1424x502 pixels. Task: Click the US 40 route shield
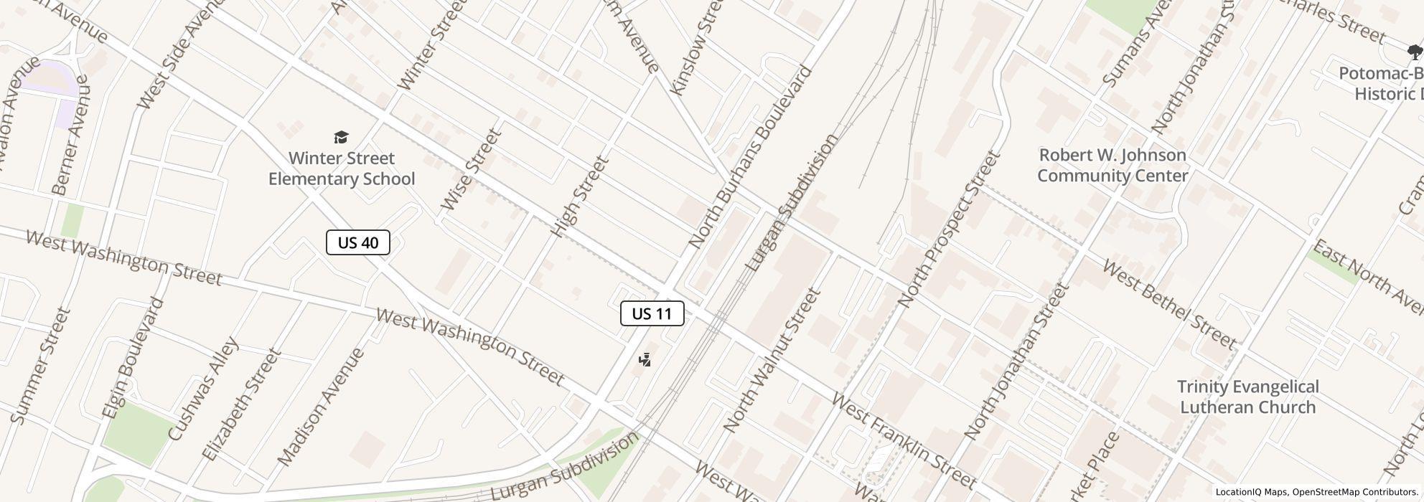point(357,242)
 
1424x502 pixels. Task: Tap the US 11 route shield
point(652,313)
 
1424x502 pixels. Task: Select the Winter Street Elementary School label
point(342,169)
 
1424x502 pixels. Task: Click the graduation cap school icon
point(342,137)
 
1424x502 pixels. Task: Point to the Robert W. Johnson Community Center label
point(1112,166)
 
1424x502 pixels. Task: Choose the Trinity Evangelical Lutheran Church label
point(1247,397)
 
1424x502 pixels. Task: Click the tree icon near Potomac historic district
point(1415,52)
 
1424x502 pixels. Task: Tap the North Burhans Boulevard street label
point(750,157)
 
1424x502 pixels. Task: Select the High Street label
point(580,196)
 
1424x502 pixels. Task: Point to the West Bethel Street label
point(1168,305)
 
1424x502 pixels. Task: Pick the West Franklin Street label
point(903,440)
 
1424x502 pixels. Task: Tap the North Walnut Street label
point(772,360)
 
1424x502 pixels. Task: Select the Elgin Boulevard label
point(133,358)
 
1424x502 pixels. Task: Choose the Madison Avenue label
point(320,407)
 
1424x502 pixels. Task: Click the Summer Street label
point(42,366)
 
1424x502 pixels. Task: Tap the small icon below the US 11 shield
point(645,360)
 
